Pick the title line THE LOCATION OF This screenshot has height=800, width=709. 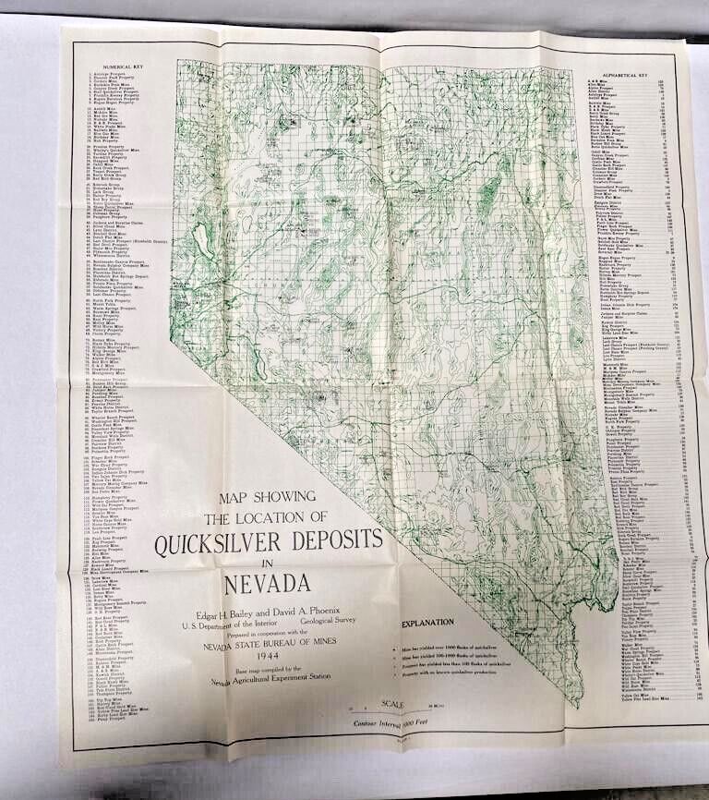click(x=267, y=517)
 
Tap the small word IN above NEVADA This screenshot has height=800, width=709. click(x=268, y=564)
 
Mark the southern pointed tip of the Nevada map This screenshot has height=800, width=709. click(x=576, y=705)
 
